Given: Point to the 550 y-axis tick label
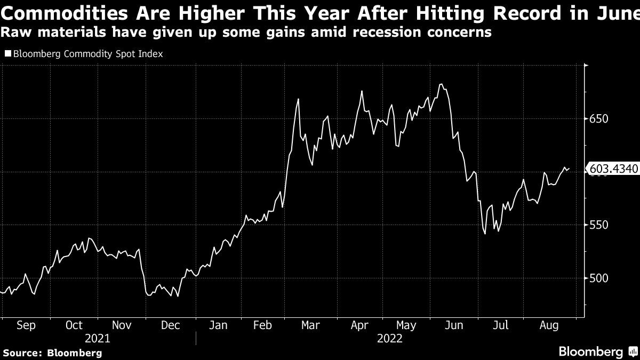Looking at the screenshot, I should tap(599, 225).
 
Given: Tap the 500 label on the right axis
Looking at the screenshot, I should tap(599, 278).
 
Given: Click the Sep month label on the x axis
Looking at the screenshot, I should tap(26, 325).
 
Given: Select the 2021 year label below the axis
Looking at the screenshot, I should tap(98, 339).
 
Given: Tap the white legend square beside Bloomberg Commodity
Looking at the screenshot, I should tap(7, 54).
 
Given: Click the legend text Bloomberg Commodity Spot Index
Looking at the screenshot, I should tap(87, 54).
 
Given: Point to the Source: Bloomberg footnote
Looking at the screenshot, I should tap(52, 353).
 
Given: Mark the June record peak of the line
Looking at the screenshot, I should tap(440, 84).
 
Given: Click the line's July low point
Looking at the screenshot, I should tap(485, 234).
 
